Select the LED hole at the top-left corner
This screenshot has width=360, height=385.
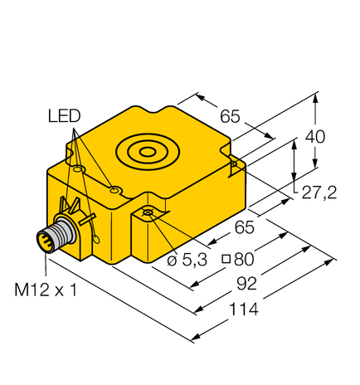pos(78,169)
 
